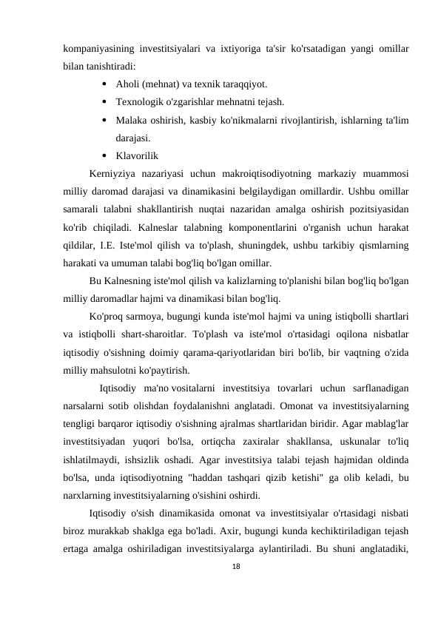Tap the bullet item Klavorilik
pyautogui.click(x=136, y=156)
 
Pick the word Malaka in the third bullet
pyautogui.click(x=131, y=120)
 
